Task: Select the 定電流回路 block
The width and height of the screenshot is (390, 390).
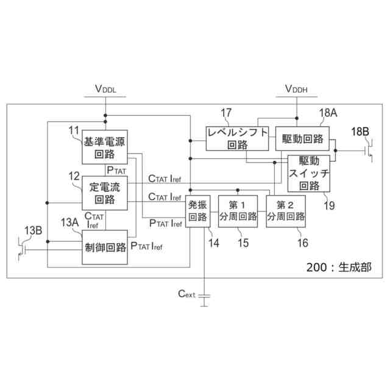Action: coord(105,192)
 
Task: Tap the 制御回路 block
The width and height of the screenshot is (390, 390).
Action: coord(105,247)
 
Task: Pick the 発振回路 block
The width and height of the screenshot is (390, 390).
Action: coord(197,211)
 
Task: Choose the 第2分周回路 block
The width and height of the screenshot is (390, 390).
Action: coord(285,211)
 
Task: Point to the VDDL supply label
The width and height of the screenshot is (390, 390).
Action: coord(105,90)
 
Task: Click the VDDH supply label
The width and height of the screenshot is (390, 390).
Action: coord(296,90)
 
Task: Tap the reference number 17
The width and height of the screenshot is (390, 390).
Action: coord(226,112)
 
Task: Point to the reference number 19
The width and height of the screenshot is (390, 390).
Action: coord(329,205)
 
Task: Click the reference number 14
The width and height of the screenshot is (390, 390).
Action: coord(214,243)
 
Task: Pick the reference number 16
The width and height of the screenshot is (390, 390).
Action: coord(302,243)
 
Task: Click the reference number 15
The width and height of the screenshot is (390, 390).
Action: coord(243,243)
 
